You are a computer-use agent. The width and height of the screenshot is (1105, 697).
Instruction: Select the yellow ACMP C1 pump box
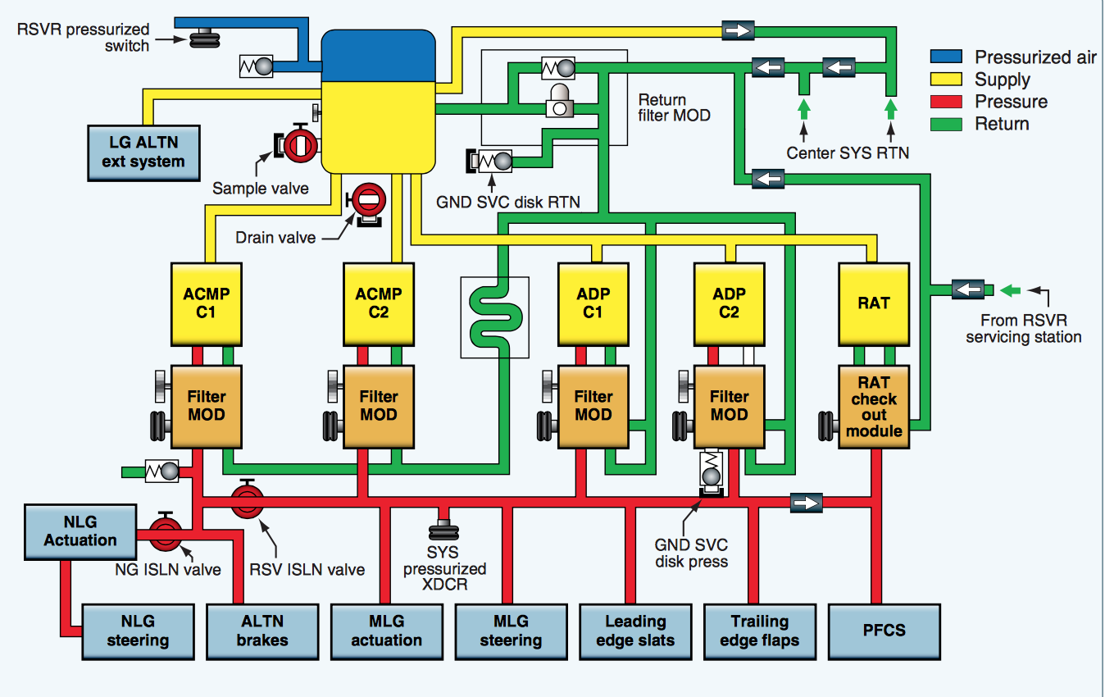(206, 303)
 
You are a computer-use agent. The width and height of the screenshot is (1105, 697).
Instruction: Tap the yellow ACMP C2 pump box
(378, 303)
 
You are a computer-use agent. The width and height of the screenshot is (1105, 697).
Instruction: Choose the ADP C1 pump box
(593, 303)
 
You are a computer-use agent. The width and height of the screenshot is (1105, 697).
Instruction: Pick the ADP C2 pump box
(729, 303)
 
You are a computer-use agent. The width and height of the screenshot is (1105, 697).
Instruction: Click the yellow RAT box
(874, 303)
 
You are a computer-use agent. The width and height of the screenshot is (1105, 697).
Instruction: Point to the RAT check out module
(875, 407)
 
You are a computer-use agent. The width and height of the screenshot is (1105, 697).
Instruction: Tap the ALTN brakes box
(261, 631)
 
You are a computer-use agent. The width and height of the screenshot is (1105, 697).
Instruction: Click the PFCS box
(884, 631)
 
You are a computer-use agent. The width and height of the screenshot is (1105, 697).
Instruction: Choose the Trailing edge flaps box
(760, 631)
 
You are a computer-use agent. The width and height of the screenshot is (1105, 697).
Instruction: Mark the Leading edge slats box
(635, 631)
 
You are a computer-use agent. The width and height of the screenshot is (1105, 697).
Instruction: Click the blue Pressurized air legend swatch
(948, 57)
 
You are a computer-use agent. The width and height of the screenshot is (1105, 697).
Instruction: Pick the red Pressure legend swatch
(948, 102)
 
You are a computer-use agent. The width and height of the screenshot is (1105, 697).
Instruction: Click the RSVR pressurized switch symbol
(201, 37)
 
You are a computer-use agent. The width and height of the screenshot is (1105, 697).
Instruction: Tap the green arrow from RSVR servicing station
(1012, 289)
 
